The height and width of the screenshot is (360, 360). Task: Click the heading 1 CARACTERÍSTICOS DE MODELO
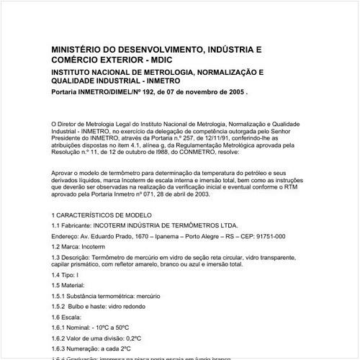pyautogui.click(x=102, y=215)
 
